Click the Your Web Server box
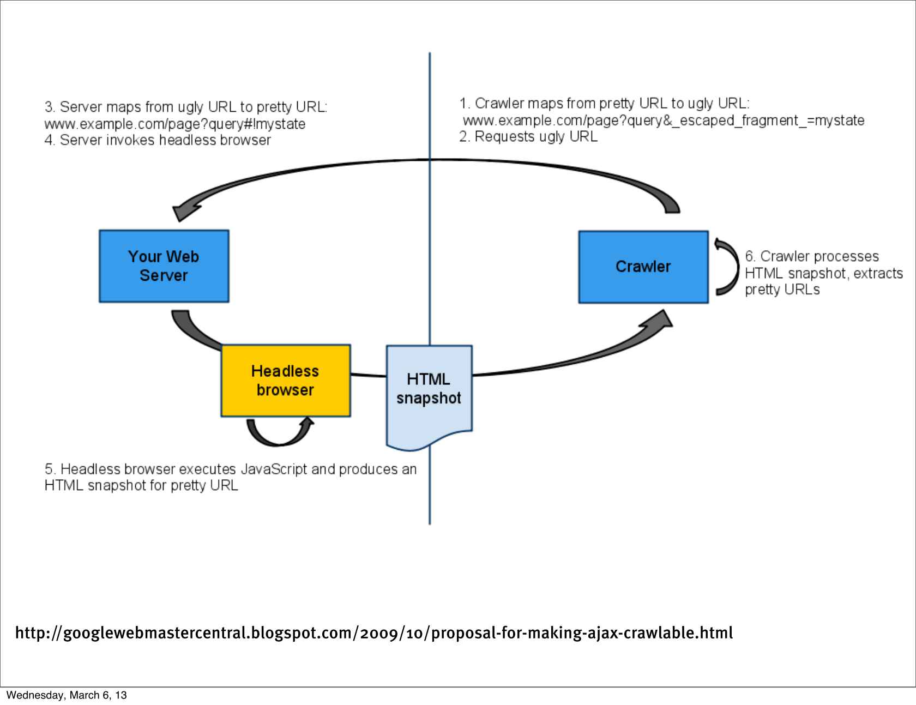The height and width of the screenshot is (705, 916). (164, 266)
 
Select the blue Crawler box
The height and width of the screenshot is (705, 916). (643, 267)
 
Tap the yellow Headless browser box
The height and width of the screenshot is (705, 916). (285, 381)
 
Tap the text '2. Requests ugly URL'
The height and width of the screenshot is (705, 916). (528, 136)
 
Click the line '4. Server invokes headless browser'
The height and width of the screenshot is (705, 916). (158, 140)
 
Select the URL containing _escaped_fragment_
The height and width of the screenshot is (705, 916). (663, 120)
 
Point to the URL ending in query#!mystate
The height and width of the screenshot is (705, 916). (174, 124)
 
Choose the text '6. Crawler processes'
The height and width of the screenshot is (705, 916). (811, 256)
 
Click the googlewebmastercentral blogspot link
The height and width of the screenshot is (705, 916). (373, 633)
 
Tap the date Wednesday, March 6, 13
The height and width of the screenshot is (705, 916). (66, 695)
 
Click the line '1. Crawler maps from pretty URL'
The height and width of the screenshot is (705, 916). (604, 103)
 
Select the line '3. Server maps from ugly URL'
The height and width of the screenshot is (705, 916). (185, 106)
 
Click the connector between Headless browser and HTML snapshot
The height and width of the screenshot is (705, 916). (369, 375)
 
